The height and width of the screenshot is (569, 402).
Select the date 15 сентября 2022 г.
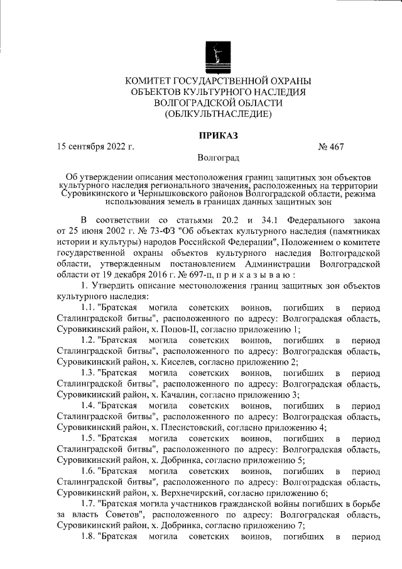pyautogui.click(x=95, y=147)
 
